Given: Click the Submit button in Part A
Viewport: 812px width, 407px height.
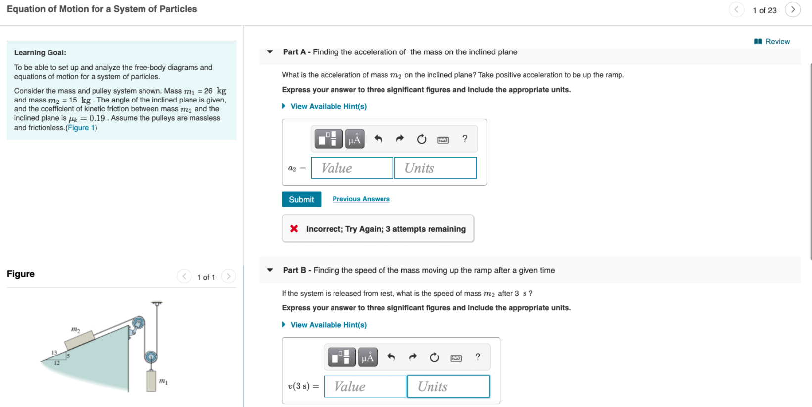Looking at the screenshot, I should pos(301,199).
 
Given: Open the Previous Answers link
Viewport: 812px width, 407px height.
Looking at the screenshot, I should pos(361,199).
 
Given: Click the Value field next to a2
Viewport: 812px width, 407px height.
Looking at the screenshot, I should pos(352,168).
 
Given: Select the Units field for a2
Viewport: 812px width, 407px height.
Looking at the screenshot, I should pos(435,168).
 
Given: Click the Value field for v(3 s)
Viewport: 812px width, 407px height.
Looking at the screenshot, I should pos(365,387).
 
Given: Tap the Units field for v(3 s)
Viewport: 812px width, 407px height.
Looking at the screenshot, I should pos(448,387).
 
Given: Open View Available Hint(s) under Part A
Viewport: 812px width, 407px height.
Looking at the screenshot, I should pos(328,106).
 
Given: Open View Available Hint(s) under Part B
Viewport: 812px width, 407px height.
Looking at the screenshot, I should pos(328,325).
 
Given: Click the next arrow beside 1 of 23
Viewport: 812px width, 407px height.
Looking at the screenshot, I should pos(792,10).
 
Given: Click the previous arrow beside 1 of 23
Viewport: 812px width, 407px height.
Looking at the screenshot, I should pos(736,10).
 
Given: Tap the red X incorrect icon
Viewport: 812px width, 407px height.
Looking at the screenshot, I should pos(294,229).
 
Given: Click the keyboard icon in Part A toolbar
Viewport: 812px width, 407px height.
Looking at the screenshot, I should pos(443,140).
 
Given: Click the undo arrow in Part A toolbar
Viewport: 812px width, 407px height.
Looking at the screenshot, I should pos(378,139).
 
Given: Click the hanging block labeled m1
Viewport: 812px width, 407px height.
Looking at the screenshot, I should pos(151,380).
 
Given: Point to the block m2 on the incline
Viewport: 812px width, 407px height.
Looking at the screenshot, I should pos(79,340).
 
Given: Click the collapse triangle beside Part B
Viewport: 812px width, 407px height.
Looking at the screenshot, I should pos(270,270).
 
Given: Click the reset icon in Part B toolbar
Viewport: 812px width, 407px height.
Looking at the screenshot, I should pos(434,357).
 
